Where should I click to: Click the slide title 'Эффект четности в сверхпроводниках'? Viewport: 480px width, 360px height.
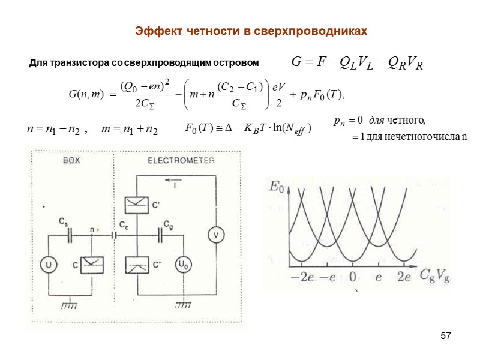coord(250,30)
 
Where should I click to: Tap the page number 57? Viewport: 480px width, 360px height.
coord(445,334)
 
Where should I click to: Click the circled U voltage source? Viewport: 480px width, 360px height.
coord(47,263)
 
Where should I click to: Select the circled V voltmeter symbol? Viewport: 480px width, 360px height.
coord(215,235)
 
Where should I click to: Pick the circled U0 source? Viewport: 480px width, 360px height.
coord(182,264)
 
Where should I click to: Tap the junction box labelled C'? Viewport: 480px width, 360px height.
coord(137,205)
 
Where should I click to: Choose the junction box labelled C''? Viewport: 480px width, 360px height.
coord(137,264)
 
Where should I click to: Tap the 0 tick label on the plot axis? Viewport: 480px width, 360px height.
coord(352,276)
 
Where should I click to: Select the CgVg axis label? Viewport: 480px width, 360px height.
coord(435,276)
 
